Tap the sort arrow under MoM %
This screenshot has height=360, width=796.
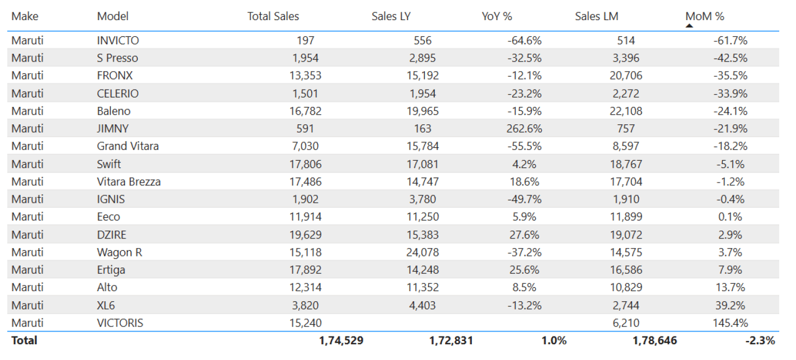pyautogui.click(x=690, y=25)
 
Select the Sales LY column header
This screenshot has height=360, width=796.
pyautogui.click(x=391, y=16)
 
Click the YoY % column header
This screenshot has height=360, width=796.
pyautogui.click(x=497, y=16)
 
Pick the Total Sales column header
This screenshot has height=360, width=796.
pyautogui.click(x=273, y=16)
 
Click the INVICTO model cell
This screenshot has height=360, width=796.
pyautogui.click(x=118, y=40)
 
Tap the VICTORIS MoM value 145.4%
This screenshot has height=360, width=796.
pyautogui.click(x=730, y=323)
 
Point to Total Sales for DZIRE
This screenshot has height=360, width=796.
pyautogui.click(x=306, y=235)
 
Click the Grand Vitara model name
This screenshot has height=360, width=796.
pyautogui.click(x=128, y=146)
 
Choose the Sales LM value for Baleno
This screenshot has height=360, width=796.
pyautogui.click(x=626, y=111)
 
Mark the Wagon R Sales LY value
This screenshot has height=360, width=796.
pyautogui.click(x=422, y=253)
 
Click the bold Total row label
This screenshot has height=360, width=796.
pyautogui.click(x=24, y=340)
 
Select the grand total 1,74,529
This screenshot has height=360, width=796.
pyautogui.click(x=341, y=340)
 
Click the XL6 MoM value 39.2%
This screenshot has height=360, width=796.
pyautogui.click(x=730, y=306)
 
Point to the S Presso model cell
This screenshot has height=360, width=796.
pyautogui.click(x=117, y=58)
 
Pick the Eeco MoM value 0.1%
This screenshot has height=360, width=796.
pyautogui.click(x=731, y=217)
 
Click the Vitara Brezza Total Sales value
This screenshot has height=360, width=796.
pyautogui.click(x=306, y=182)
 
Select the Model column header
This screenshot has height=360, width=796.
pyautogui.click(x=113, y=16)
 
